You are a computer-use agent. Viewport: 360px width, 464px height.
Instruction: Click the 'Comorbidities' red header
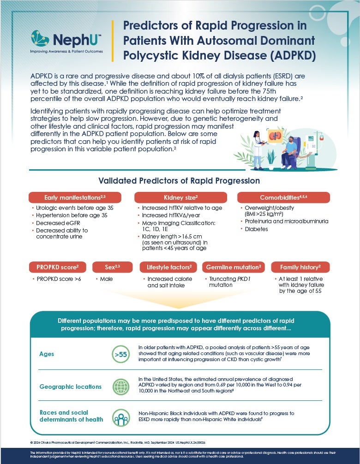coord(283,197)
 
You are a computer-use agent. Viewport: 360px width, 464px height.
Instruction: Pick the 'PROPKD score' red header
coord(58,267)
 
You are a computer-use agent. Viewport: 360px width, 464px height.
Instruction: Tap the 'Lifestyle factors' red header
coord(168,267)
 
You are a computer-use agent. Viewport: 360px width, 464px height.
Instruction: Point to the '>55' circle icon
coord(120,355)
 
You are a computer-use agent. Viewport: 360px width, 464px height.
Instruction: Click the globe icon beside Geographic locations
coord(120,387)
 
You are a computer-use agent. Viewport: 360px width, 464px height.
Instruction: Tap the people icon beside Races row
coord(120,417)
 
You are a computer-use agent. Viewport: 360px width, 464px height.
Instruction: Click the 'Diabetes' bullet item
coord(256,229)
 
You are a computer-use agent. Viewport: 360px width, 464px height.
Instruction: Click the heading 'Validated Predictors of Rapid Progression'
coord(179,181)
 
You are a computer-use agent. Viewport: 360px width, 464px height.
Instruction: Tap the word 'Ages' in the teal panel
coord(47,354)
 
